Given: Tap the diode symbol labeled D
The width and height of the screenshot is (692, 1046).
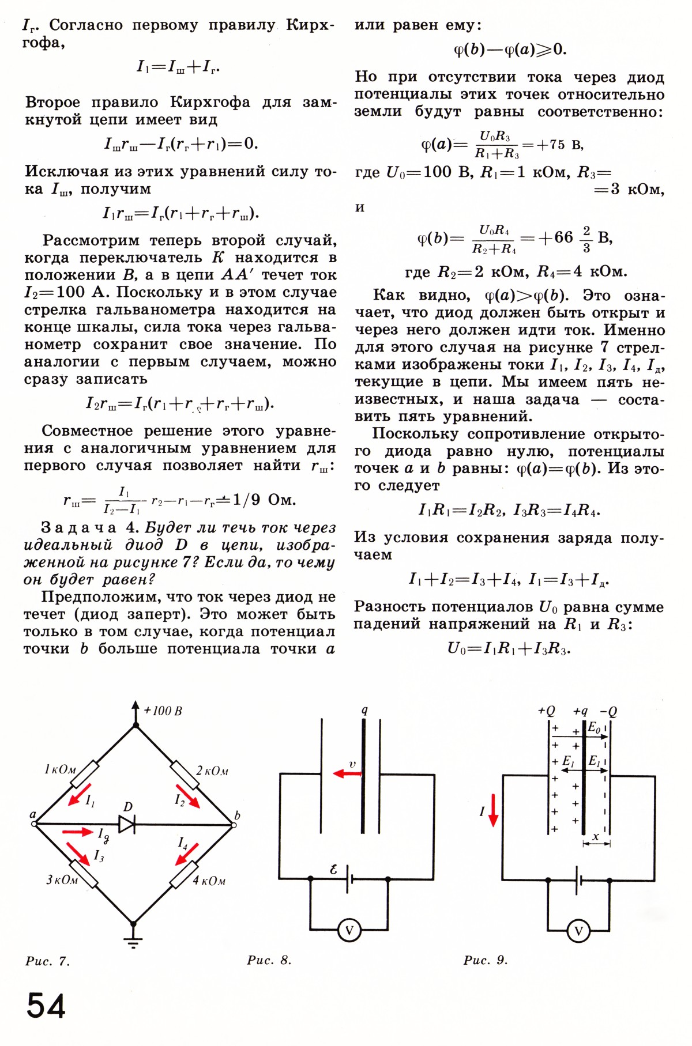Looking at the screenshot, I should point(127,824).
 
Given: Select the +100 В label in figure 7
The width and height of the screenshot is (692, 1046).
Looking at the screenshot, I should point(163,711).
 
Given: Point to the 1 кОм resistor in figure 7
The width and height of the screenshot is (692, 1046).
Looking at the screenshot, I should point(85,773).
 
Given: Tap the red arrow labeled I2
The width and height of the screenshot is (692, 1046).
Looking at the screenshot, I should point(188,795).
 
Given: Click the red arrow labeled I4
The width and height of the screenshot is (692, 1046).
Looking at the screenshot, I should point(187,854).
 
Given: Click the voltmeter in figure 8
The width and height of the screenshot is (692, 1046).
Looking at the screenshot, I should point(349,930).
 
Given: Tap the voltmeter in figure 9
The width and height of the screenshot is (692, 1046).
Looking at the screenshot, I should point(578,931).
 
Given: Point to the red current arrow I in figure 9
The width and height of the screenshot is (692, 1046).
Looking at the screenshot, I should point(493,810).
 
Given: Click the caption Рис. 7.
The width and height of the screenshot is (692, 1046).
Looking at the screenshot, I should point(47,961).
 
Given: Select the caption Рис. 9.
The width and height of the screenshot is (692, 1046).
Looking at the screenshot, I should point(486,960).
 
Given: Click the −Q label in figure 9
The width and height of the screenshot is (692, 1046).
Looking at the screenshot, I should point(608,711).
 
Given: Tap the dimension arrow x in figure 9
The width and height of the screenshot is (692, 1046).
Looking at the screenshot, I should point(596,843).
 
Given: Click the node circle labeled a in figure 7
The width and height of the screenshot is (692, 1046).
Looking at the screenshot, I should point(34,824).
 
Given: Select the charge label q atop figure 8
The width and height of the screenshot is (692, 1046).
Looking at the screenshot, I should point(364,709).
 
